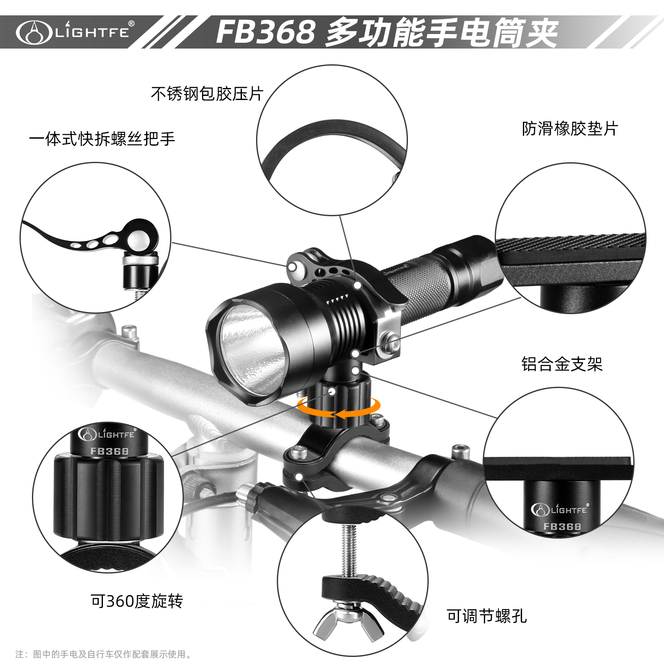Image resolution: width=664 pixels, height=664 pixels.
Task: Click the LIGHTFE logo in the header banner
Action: pyautogui.click(x=75, y=32)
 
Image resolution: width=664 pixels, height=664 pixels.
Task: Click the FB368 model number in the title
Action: pyautogui.click(x=266, y=32)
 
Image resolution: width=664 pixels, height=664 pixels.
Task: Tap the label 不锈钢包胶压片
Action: pyautogui.click(x=207, y=94)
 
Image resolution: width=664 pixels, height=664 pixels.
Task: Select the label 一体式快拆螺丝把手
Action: pyautogui.click(x=102, y=139)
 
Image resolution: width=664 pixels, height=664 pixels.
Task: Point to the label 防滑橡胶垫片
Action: pyautogui.click(x=570, y=129)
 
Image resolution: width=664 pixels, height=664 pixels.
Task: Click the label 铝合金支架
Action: pyautogui.click(x=562, y=364)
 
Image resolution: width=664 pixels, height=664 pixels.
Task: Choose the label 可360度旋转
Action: pyautogui.click(x=137, y=601)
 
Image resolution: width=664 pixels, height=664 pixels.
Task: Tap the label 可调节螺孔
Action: pyautogui.click(x=487, y=616)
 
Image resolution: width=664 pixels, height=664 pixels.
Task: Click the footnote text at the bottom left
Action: pyautogui.click(x=104, y=654)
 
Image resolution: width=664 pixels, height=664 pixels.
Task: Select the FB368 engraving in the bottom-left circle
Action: pyautogui.click(x=110, y=451)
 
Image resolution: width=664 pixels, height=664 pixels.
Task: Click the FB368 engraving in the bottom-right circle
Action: pyautogui.click(x=562, y=527)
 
